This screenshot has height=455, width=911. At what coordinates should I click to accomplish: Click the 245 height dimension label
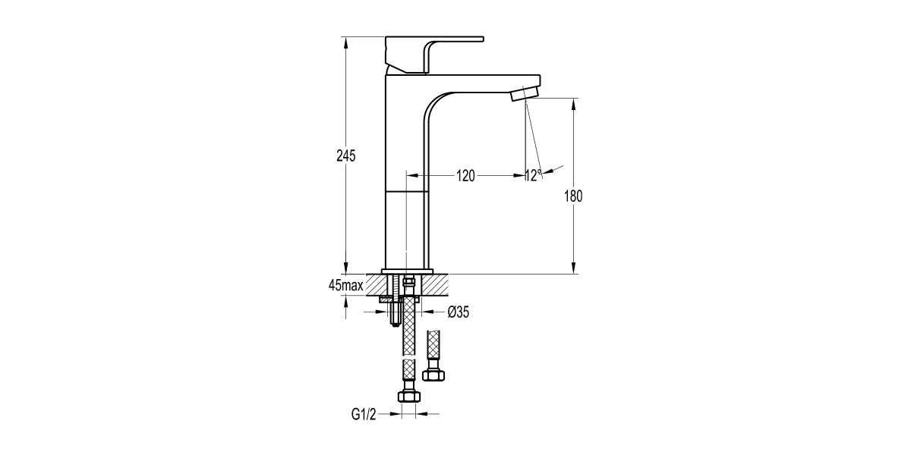[x=346, y=155]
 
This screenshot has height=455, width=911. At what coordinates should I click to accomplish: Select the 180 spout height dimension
[x=573, y=196]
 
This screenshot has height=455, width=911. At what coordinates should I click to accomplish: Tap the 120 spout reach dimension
[x=465, y=176]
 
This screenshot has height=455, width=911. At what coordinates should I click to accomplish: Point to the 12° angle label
[x=534, y=176]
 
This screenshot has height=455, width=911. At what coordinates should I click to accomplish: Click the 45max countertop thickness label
[x=345, y=285]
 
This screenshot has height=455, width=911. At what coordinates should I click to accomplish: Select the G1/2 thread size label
[x=364, y=414]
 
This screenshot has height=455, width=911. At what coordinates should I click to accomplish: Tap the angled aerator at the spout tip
[x=525, y=93]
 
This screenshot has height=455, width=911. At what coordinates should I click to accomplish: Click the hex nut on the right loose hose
[x=433, y=375]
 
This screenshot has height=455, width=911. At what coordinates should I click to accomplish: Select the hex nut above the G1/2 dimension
[x=408, y=394]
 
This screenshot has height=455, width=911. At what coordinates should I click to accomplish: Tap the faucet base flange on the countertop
[x=407, y=271]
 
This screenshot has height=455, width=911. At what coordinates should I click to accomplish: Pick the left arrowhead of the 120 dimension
[x=411, y=176]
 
